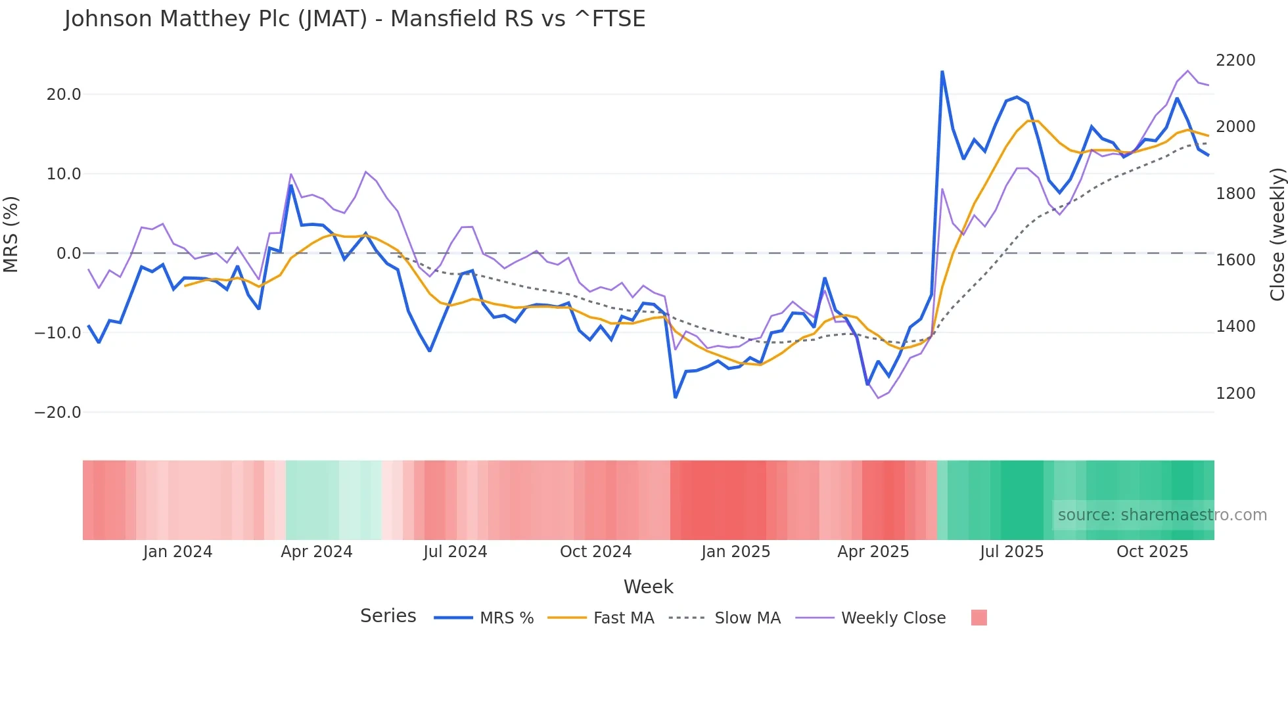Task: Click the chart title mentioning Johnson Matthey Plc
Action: coord(355,19)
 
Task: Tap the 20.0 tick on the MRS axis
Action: coord(64,95)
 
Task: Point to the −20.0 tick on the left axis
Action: coord(58,413)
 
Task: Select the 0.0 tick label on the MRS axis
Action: coord(68,254)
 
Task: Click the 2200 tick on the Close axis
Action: coord(1235,60)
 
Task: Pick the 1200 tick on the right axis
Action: coord(1235,394)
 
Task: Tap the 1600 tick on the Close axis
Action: coord(1235,260)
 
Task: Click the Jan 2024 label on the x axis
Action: coord(177,552)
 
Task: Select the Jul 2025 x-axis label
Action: coord(1011,552)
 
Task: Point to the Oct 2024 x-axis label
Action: coord(595,552)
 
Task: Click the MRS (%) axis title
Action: coord(11,234)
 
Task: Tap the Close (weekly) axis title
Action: coord(1277,235)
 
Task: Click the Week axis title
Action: coord(648,587)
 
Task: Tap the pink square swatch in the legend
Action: coord(978,618)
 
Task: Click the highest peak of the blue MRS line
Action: coord(942,72)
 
